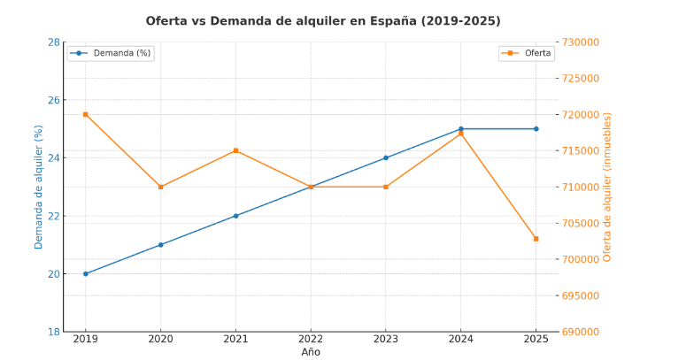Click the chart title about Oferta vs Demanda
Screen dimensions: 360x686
[x=323, y=20]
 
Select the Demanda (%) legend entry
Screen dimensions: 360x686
[x=111, y=53]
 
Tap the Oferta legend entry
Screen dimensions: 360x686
[x=528, y=53]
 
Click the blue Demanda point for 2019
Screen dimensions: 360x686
[x=86, y=273]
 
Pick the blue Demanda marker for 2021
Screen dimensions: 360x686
[x=235, y=216]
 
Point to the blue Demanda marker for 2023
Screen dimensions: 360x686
[x=386, y=157]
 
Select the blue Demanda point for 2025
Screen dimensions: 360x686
[x=536, y=129]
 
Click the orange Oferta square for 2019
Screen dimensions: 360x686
[x=86, y=114]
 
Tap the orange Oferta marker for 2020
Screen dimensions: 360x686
[x=160, y=187]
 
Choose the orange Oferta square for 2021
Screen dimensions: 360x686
[x=235, y=150]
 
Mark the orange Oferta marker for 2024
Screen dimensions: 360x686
[x=460, y=133]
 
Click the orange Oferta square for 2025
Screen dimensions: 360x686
[x=536, y=239]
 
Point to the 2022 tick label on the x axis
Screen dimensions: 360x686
[x=311, y=339]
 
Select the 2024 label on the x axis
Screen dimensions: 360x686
[x=460, y=339]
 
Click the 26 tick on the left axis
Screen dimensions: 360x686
[x=53, y=100]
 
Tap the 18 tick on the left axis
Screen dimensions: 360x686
[x=53, y=332]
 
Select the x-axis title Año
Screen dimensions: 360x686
[x=311, y=352]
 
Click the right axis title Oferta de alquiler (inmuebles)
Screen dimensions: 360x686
[x=608, y=187]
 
